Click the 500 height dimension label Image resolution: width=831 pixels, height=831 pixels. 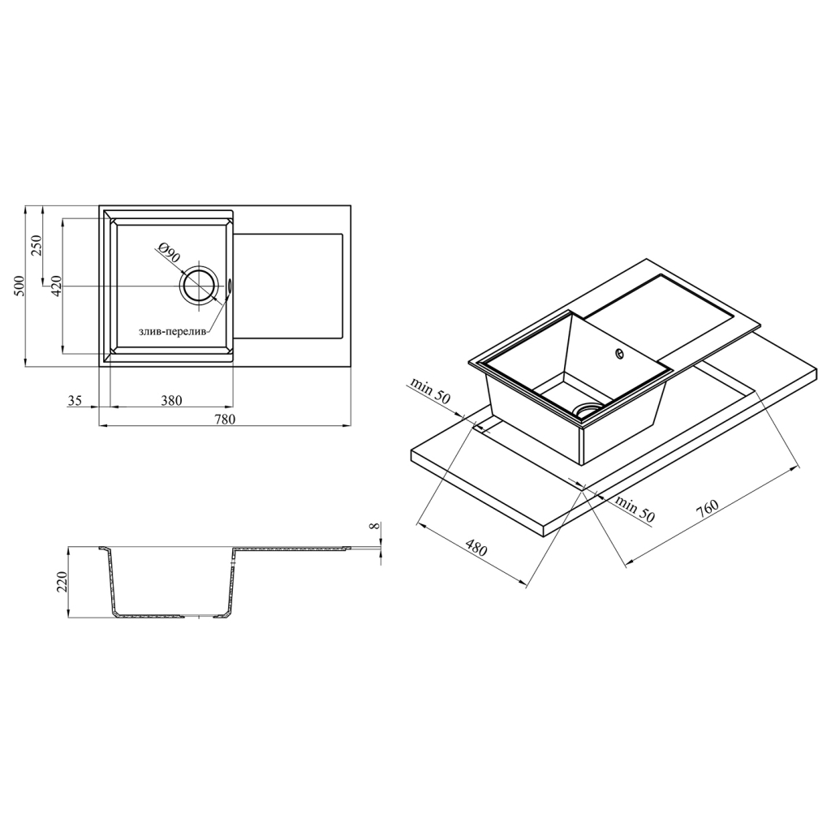(19, 286)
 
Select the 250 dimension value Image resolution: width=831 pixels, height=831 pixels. (37, 246)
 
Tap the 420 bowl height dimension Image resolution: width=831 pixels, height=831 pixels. (57, 286)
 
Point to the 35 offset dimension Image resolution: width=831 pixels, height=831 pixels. (75, 401)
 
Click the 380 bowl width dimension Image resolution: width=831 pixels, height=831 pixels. (170, 400)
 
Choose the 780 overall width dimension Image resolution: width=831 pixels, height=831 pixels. (224, 419)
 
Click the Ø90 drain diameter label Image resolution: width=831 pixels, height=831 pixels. (169, 253)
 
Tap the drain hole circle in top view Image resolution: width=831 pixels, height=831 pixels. (199, 286)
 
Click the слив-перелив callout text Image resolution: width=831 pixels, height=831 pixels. (171, 332)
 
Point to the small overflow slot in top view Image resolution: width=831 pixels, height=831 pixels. (230, 285)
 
